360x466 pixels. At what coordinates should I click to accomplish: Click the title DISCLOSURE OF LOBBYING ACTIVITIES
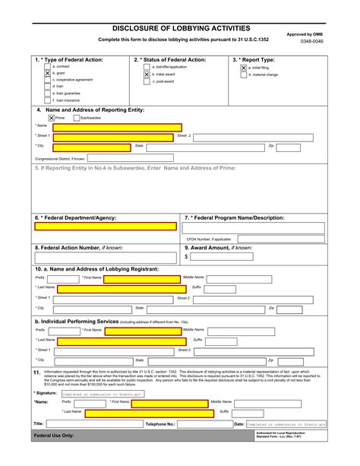(x=180, y=27)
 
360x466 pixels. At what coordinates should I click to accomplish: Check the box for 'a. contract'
(x=47, y=67)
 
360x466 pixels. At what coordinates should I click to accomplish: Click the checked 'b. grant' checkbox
(x=47, y=74)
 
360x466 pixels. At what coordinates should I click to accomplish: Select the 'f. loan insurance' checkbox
(x=47, y=100)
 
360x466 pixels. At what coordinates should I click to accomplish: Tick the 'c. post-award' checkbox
(x=147, y=81)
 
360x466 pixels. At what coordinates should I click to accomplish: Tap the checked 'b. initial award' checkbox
(x=147, y=74)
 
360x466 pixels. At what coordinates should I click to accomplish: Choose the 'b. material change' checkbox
(x=244, y=74)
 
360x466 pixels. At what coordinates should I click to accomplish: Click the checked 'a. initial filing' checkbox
(x=244, y=67)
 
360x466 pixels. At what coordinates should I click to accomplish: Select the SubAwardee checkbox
(x=74, y=118)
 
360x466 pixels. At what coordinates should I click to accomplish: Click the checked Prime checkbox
(x=51, y=118)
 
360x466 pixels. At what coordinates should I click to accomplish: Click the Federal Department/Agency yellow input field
(x=106, y=227)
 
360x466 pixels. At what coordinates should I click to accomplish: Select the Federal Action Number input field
(x=106, y=257)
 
